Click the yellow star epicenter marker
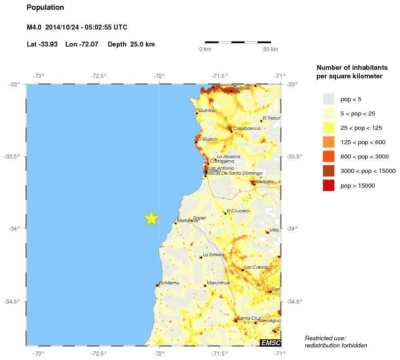152,218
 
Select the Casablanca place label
246,129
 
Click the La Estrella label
213,255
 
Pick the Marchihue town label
218,283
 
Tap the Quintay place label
207,110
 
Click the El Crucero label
238,210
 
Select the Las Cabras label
256,267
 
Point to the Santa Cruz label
250,318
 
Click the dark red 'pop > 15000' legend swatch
329,185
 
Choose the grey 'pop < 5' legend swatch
329,99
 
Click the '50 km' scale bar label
270,49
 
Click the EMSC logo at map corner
270,343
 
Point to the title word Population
45,8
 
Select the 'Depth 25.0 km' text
131,44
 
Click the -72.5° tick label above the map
99,76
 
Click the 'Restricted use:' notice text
325,338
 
